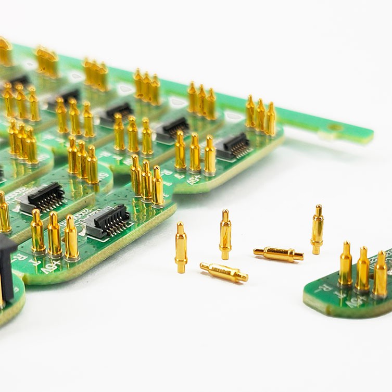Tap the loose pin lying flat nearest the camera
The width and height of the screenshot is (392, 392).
pos(224,272)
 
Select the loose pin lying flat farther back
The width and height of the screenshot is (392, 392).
pos(279,254)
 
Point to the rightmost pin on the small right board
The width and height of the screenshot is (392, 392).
pos(381,274)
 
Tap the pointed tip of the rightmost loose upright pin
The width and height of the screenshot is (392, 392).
pos(318,207)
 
